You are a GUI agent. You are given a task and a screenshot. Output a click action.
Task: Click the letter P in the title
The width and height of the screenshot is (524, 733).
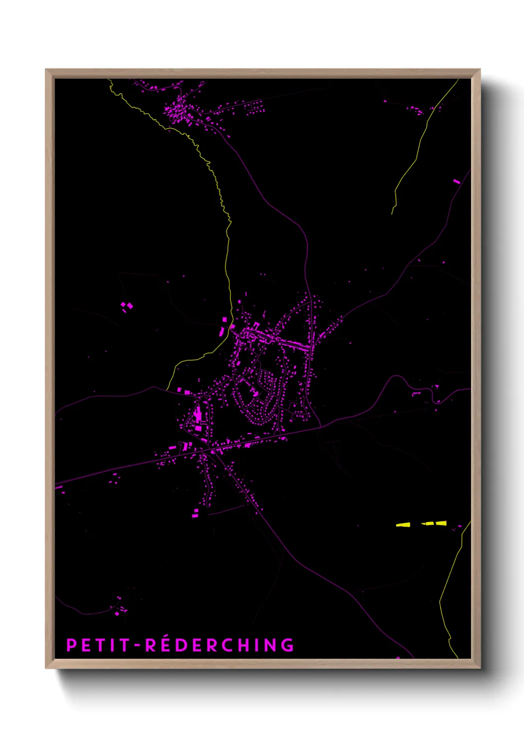point(71,645)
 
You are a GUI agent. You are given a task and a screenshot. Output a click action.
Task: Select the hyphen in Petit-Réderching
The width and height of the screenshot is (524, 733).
point(138,646)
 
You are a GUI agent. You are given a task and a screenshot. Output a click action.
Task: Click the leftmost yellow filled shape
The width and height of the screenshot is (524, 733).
point(403,524)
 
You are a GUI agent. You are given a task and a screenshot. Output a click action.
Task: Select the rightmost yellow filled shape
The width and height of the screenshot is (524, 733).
point(441,523)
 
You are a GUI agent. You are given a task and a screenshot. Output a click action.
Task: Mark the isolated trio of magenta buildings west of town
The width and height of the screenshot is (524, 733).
point(127,306)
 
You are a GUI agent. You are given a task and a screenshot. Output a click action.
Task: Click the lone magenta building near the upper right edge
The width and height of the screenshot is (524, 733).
point(457,182)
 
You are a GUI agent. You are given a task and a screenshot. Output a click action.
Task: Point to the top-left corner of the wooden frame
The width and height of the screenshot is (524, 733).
point(47,70)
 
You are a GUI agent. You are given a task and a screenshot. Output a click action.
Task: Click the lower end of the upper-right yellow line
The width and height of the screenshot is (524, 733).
point(392,213)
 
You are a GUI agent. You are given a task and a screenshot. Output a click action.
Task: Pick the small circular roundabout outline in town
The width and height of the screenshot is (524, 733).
point(181,443)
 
